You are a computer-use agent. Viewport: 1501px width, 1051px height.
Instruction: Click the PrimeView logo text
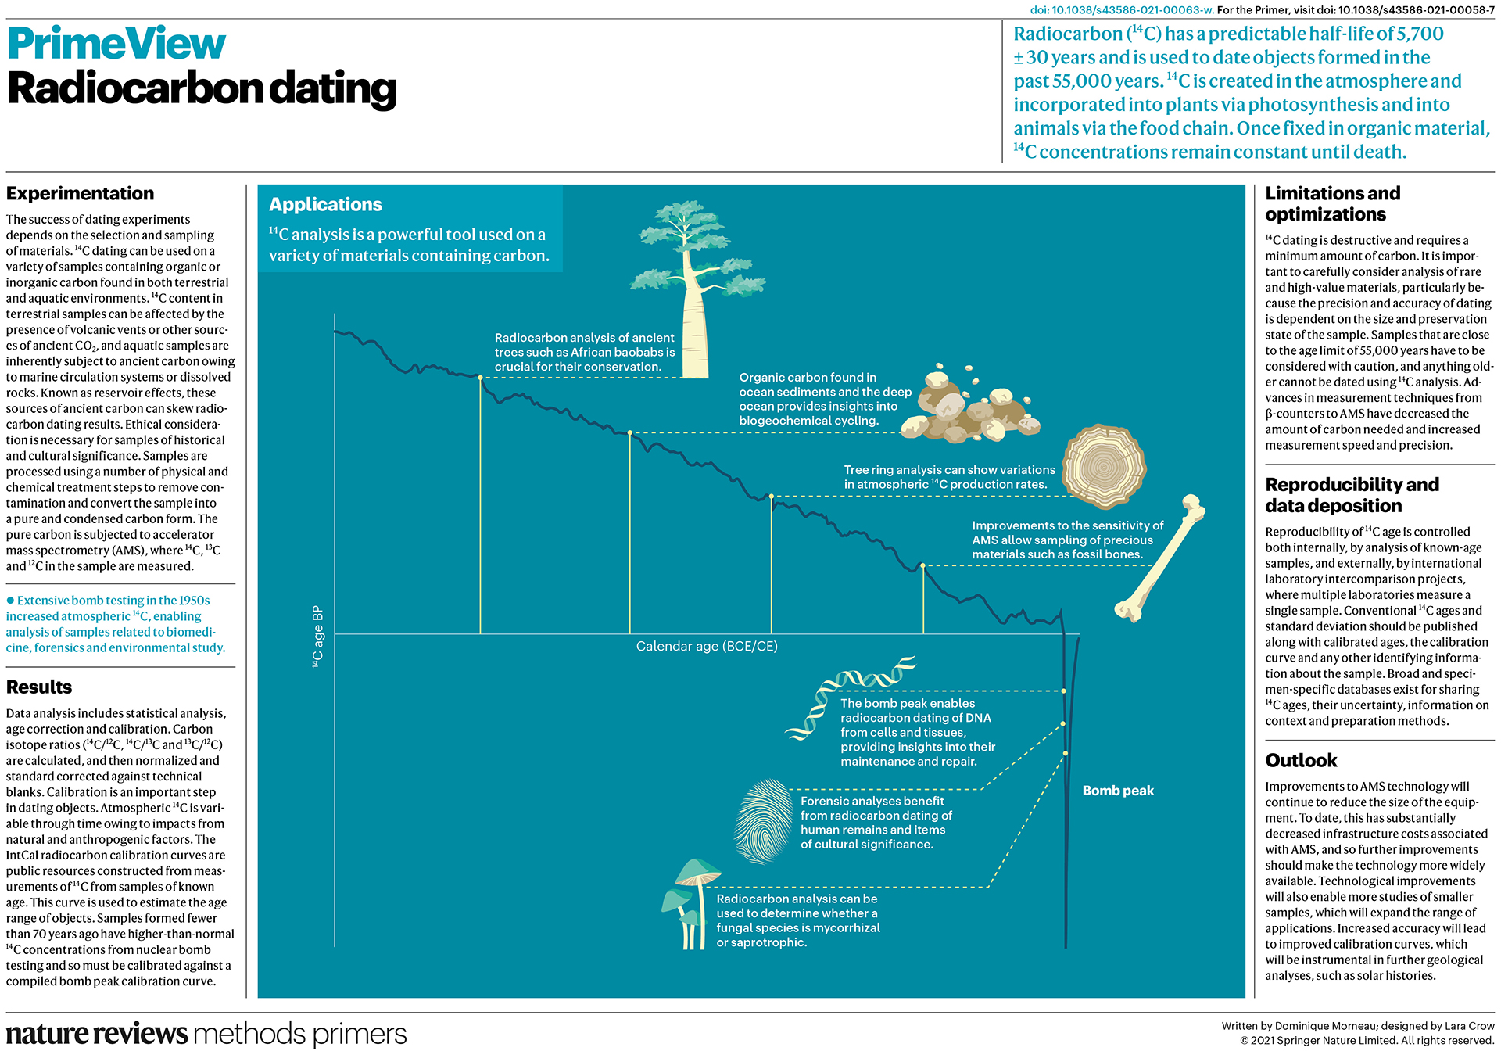pyautogui.click(x=116, y=44)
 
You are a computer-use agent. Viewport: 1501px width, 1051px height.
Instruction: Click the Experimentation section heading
pyautogui.click(x=80, y=194)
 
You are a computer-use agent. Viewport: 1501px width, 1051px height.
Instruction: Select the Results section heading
pyautogui.click(x=39, y=687)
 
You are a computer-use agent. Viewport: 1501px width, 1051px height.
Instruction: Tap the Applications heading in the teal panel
pyautogui.click(x=325, y=205)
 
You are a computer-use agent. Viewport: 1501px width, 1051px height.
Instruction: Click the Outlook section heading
pyautogui.click(x=1301, y=761)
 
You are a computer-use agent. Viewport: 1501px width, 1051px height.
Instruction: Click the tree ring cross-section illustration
pyautogui.click(x=1104, y=466)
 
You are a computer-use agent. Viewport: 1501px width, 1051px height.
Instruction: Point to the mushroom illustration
pyautogui.click(x=692, y=903)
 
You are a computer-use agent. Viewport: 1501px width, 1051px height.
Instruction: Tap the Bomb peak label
pyautogui.click(x=1118, y=791)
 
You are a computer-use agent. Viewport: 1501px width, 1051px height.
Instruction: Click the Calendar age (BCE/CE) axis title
pyautogui.click(x=707, y=647)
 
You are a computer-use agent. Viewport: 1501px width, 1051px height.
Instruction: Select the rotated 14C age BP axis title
pyautogui.click(x=317, y=637)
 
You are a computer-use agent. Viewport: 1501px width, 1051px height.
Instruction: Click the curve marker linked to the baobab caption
pyautogui.click(x=480, y=378)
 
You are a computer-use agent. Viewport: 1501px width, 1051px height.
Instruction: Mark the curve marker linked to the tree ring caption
pyautogui.click(x=771, y=497)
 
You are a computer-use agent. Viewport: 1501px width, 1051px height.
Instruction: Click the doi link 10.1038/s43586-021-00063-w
pyautogui.click(x=1121, y=10)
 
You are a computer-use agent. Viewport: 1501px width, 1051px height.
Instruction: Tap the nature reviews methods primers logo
pyautogui.click(x=206, y=1034)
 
